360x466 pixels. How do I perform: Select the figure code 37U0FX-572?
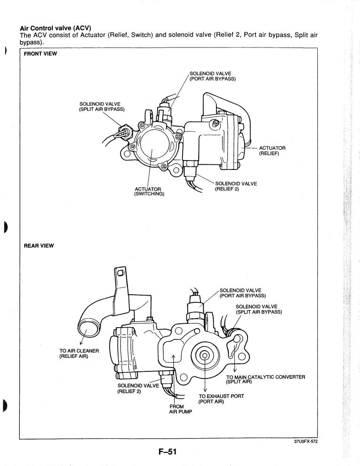pyautogui.click(x=322, y=442)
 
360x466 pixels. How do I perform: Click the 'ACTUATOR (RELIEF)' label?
pyautogui.click(x=272, y=150)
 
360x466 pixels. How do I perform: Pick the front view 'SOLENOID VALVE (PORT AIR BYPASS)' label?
pyautogui.click(x=212, y=76)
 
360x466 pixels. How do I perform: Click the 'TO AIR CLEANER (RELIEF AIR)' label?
pyautogui.click(x=79, y=353)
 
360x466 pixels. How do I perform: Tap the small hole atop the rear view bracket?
pyautogui.click(x=120, y=273)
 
